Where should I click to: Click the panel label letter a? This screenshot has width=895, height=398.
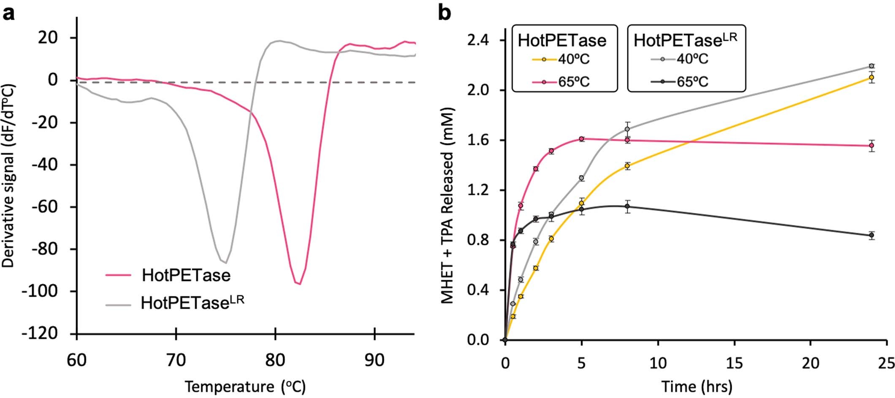pos(9,14)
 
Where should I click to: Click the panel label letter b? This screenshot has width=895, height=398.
pos(445,14)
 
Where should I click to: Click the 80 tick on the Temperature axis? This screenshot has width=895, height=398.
pos(275,360)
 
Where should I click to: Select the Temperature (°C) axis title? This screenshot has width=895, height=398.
pos(245,386)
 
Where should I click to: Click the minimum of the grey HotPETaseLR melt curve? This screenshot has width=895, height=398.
pos(226,263)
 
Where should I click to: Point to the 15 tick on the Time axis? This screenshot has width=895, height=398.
pos(734,363)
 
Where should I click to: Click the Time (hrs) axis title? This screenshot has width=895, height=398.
pos(697,386)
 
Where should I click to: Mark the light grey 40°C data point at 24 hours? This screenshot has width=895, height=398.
pos(871,66)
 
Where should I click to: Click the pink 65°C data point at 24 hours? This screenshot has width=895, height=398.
pos(871,146)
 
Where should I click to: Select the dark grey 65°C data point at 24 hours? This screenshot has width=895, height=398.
pos(871,235)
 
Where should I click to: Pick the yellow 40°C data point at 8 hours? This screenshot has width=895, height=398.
pos(627,166)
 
